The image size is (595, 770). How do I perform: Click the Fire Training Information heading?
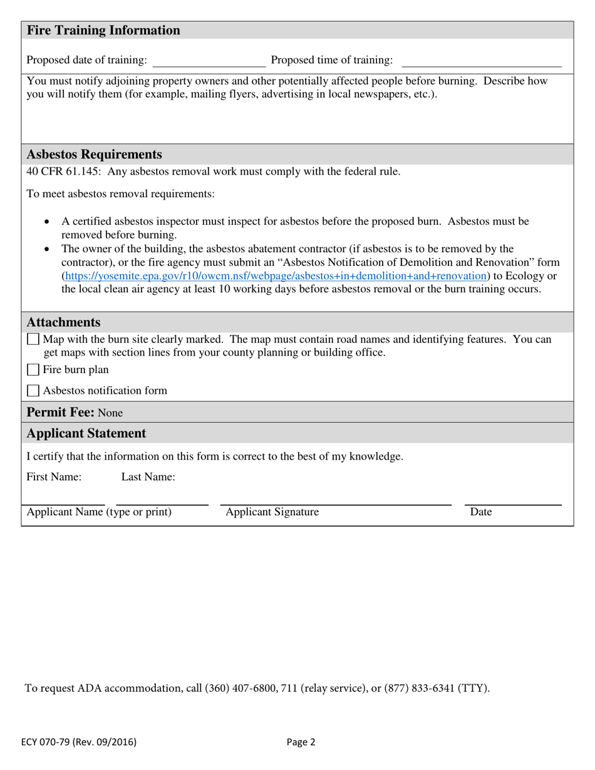pos(103,31)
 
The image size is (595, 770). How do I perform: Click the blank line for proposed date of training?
pos(209,61)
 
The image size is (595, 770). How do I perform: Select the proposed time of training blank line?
pos(481,61)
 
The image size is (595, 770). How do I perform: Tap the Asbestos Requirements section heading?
pos(94,155)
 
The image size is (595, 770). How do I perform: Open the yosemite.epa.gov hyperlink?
pos(276,275)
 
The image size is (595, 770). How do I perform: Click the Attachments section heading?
pos(63,322)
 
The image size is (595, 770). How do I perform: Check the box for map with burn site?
pos(33,340)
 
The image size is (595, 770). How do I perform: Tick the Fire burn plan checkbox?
pos(33,370)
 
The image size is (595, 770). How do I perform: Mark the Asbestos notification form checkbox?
pos(33,391)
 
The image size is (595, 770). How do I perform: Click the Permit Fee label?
pos(61,413)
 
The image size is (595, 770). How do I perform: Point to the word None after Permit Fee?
pos(111,413)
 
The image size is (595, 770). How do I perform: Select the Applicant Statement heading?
pos(86,433)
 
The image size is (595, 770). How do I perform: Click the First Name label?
pos(54,477)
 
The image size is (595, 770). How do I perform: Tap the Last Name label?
pos(148,477)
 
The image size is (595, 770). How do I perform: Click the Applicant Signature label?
pos(272,512)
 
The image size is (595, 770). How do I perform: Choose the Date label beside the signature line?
pos(481,512)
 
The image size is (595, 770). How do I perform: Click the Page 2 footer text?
pos(301,742)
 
